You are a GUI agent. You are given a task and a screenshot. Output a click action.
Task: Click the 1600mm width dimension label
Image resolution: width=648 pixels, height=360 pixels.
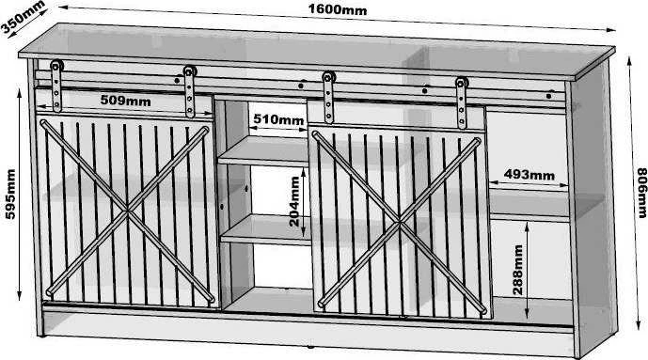(338, 9)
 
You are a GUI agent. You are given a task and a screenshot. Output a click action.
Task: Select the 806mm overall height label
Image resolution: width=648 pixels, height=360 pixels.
(641, 193)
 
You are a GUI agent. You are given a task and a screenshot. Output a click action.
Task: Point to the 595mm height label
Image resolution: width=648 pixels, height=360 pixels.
(10, 194)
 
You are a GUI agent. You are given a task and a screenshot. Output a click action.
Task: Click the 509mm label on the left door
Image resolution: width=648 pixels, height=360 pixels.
(125, 101)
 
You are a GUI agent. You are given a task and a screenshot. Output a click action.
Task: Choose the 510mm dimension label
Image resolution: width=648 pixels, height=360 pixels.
(278, 119)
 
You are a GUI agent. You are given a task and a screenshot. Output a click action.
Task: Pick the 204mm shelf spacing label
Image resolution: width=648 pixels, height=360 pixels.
(294, 201)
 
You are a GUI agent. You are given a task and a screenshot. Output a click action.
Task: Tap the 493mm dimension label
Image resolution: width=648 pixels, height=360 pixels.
(529, 175)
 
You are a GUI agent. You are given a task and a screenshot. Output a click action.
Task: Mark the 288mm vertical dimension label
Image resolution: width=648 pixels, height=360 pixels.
(517, 270)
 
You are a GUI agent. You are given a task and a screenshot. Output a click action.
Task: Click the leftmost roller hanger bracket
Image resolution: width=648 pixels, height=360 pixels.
(56, 86)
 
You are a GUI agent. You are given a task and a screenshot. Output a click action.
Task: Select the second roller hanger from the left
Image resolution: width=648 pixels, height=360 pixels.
(189, 91)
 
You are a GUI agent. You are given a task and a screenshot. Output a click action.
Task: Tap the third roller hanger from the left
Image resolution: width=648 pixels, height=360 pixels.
(328, 98)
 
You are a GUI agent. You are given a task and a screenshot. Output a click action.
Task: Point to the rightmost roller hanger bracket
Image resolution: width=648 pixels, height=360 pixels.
(462, 102)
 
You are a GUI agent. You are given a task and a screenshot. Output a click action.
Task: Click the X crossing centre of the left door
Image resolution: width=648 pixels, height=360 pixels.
(127, 211)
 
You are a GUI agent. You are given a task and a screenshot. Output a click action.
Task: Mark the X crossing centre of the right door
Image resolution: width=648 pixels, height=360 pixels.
(399, 224)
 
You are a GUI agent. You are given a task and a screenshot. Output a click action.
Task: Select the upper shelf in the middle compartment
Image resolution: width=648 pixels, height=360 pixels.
(263, 151)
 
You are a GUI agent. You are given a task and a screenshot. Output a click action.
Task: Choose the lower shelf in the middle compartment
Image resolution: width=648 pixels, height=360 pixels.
(266, 229)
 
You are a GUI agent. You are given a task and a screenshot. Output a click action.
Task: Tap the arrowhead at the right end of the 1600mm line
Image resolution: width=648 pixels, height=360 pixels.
(610, 29)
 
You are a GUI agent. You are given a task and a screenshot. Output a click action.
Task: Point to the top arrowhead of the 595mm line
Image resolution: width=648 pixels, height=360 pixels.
(19, 92)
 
